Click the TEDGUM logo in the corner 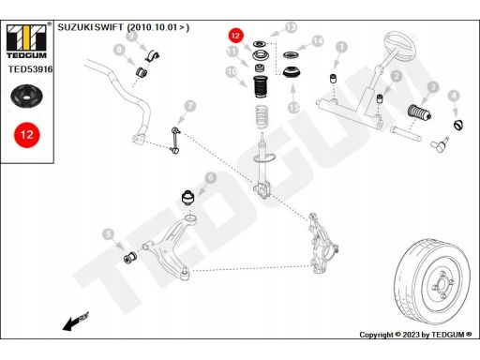coord(26,41)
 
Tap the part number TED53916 coord(30,69)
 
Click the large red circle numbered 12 coord(27,135)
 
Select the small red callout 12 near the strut coord(235,36)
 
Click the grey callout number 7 coord(190,106)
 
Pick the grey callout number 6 coord(211,177)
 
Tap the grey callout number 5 coord(108,234)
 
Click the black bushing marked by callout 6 coord(188,197)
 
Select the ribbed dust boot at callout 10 coord(260,87)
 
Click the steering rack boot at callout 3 coord(419,112)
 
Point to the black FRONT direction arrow coord(76,322)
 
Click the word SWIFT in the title coord(109,27)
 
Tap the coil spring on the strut coord(262,117)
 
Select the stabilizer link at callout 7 coord(175,141)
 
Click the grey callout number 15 coord(293,107)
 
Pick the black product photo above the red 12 coord(26,96)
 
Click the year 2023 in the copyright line coord(411,335)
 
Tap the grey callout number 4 coord(454,96)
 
